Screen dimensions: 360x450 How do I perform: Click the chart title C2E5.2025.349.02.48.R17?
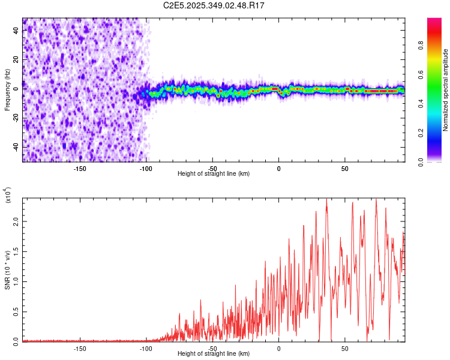point(214,5)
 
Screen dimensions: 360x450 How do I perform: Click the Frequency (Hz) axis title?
point(7,90)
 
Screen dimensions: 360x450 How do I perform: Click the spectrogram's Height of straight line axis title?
point(214,173)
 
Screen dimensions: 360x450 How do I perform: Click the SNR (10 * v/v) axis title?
point(7,270)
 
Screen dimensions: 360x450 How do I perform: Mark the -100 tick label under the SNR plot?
point(146,348)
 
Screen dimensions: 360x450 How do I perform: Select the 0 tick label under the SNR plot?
point(279,348)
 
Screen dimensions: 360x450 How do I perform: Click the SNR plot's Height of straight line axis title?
point(214,354)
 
